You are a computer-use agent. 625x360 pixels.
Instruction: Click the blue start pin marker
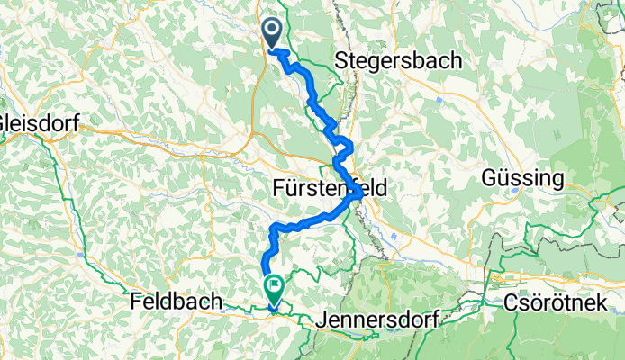coord(272,33)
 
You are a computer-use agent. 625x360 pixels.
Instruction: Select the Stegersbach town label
coord(398,61)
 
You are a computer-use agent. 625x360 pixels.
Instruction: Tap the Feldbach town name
coord(174,301)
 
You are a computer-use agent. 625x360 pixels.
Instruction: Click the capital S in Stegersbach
coord(340,61)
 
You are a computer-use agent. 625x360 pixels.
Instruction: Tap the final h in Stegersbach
coord(456,61)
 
